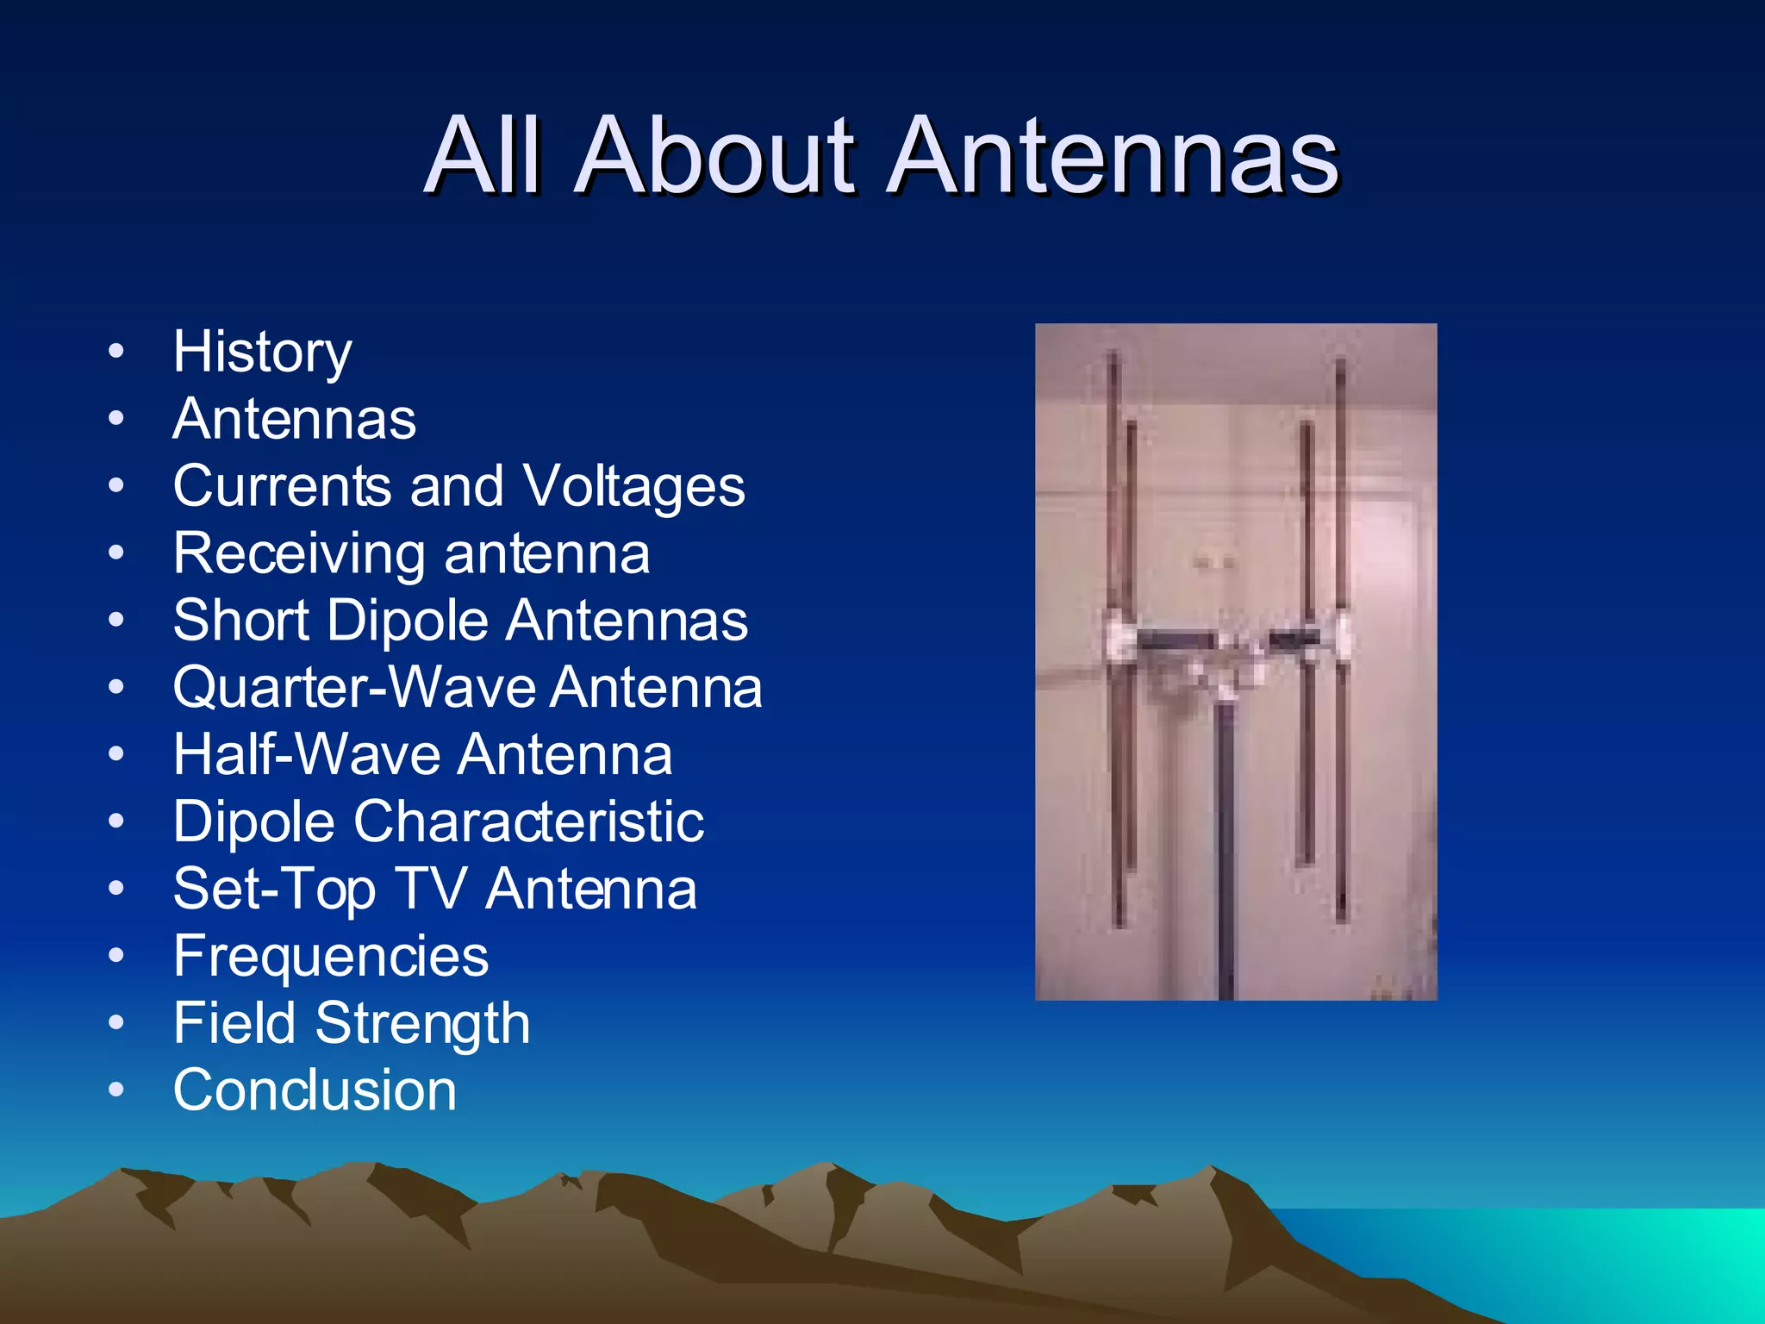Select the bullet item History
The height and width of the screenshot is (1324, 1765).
click(262, 352)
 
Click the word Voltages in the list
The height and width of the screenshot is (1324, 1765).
click(633, 486)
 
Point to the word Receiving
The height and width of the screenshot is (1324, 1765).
click(298, 554)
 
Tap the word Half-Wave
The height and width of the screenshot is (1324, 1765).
click(307, 755)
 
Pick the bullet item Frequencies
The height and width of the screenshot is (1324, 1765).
click(331, 957)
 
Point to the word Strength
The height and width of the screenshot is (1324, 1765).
click(422, 1024)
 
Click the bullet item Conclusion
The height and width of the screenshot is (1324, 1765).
click(315, 1090)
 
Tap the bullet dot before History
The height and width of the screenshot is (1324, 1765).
click(116, 352)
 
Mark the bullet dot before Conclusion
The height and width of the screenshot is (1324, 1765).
click(116, 1090)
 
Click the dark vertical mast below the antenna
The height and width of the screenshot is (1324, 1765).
click(1224, 862)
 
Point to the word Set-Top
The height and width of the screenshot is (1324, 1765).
click(274, 889)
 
